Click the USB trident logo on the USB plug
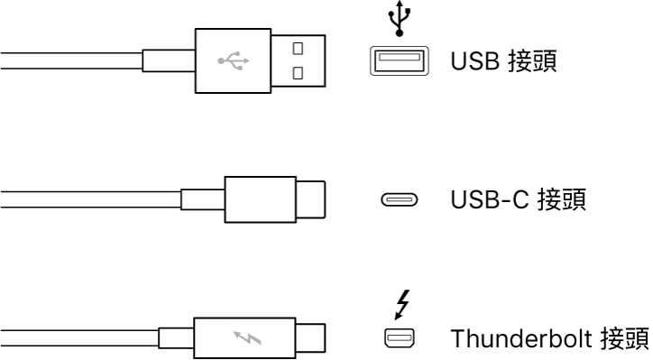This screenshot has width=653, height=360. (234, 61)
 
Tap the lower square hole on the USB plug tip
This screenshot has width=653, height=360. (297, 71)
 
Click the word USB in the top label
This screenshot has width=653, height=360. (472, 61)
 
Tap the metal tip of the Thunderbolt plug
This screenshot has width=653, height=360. (310, 339)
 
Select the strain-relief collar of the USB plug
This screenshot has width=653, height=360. (169, 61)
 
